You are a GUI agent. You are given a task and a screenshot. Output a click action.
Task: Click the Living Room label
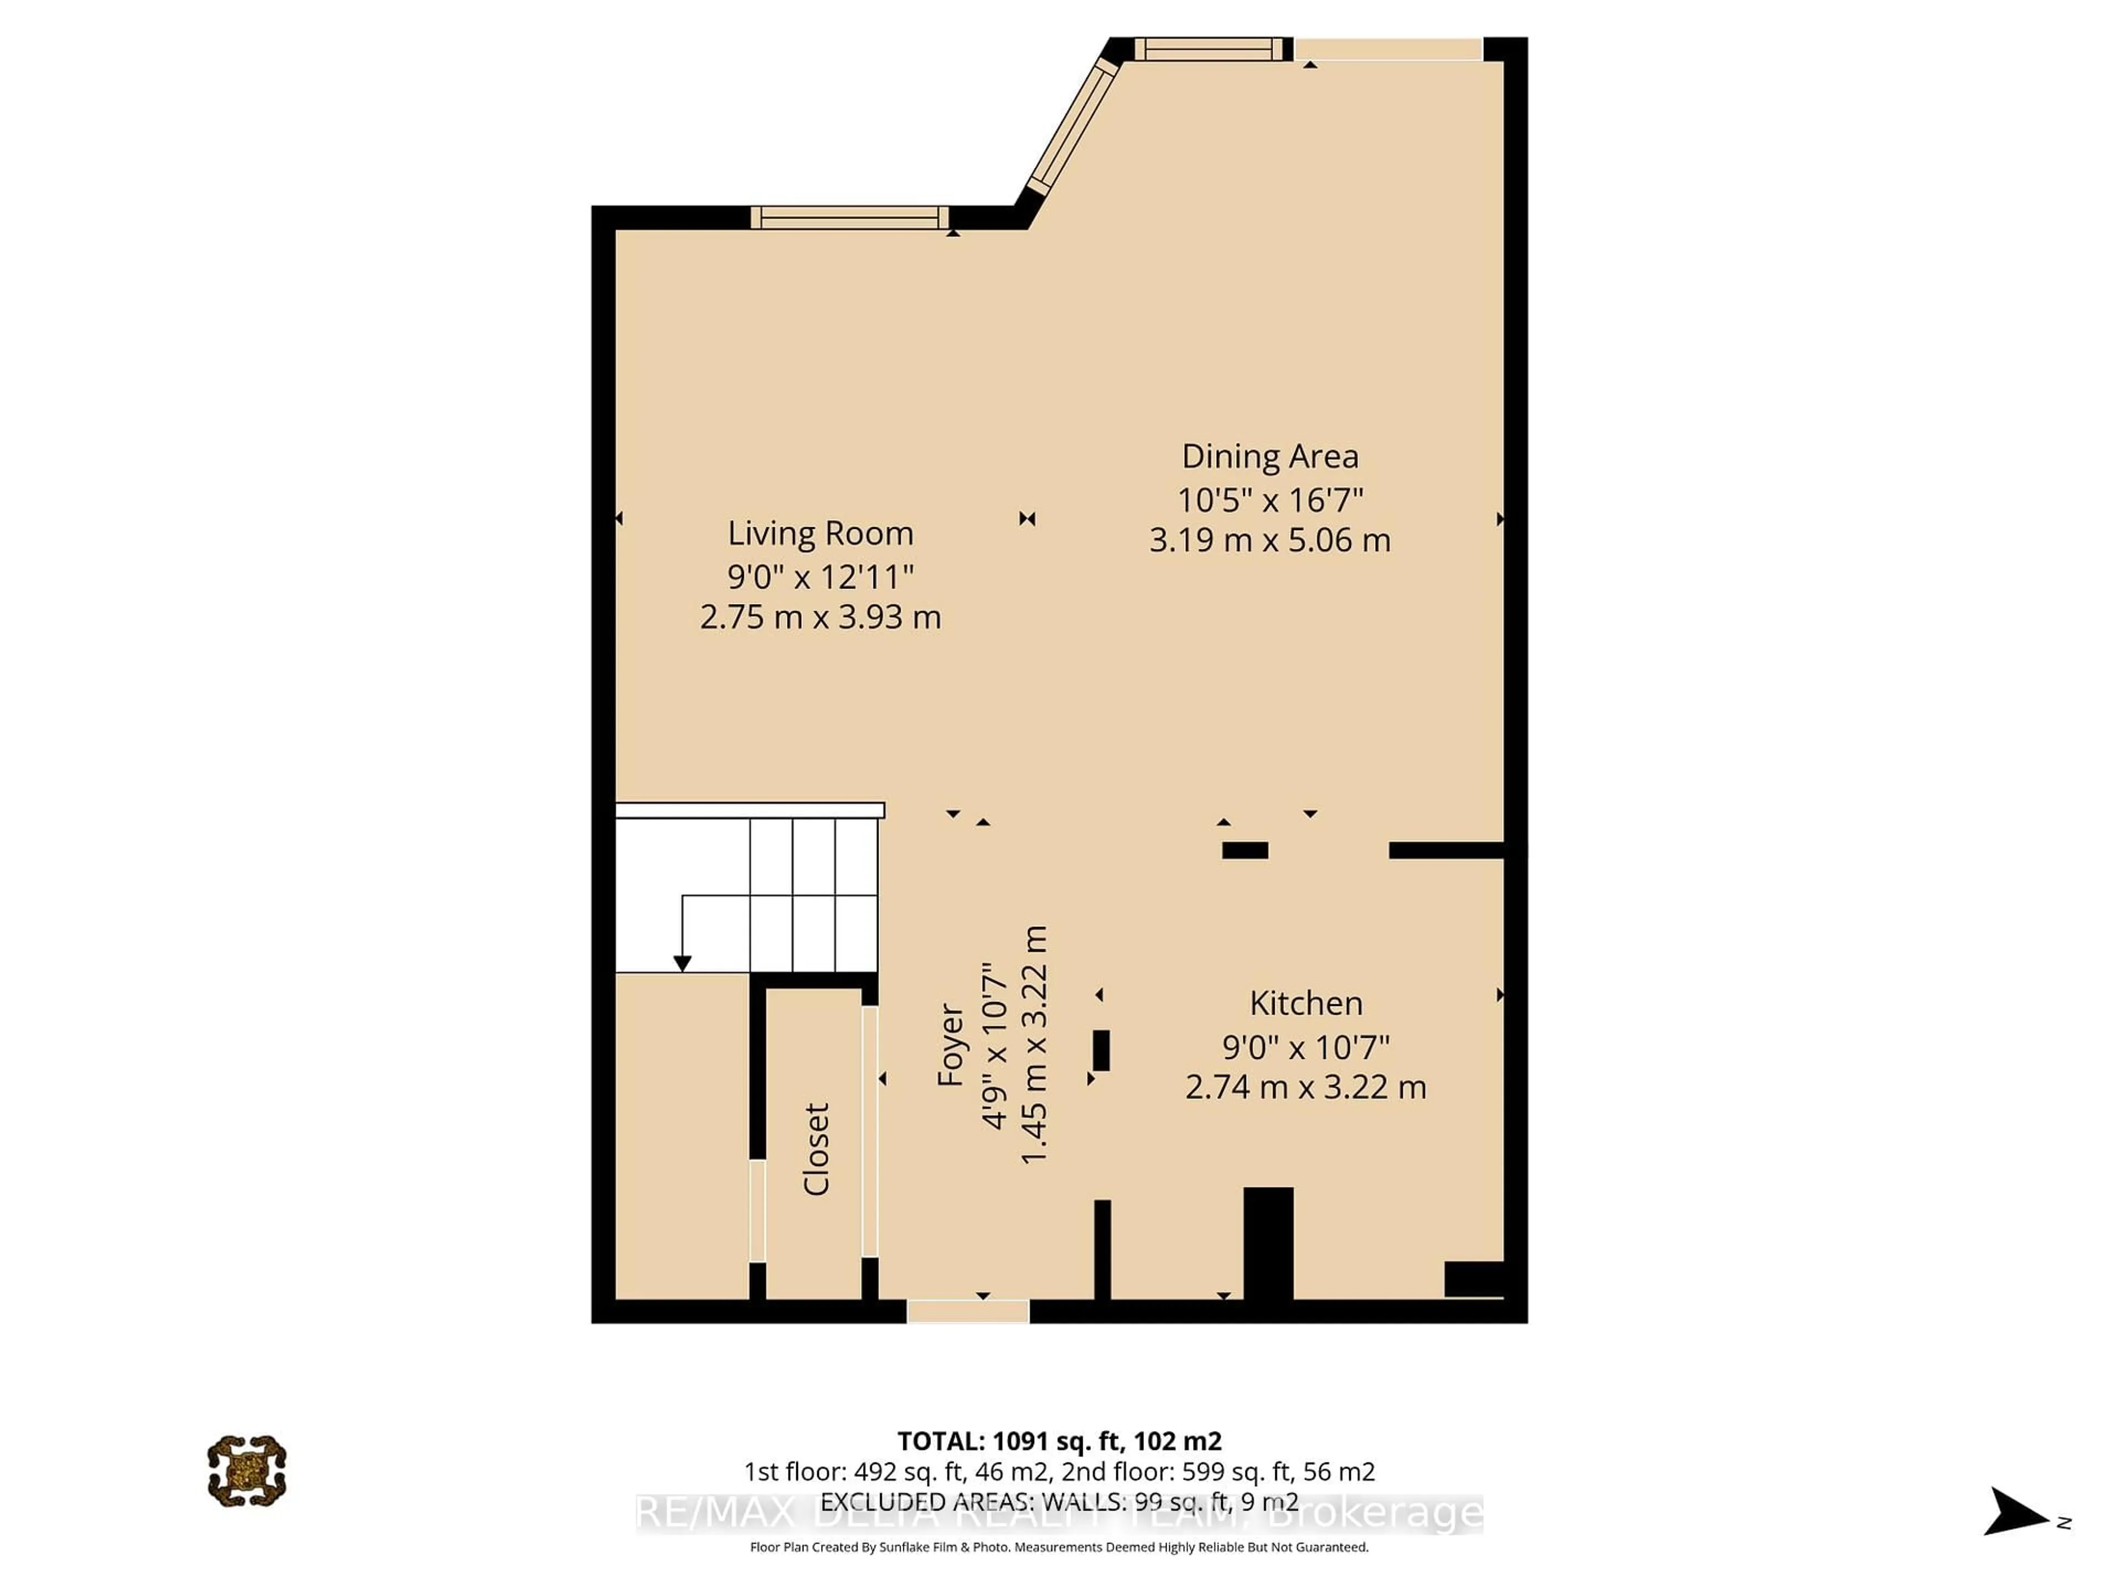click(x=820, y=533)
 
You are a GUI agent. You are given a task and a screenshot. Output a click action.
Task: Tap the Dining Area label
click(x=1269, y=456)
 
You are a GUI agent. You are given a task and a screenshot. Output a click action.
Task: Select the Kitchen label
click(x=1306, y=1003)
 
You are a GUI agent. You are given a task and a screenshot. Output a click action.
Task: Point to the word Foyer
click(x=950, y=1045)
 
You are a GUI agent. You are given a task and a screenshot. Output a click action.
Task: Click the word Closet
click(x=816, y=1149)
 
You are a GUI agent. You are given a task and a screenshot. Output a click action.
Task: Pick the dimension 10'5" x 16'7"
click(x=1269, y=499)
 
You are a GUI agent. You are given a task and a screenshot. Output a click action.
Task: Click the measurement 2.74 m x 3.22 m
click(x=1306, y=1088)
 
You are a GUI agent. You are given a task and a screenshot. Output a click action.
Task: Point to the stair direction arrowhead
click(x=682, y=963)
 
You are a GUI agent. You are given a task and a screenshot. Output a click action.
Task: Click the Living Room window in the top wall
click(x=849, y=218)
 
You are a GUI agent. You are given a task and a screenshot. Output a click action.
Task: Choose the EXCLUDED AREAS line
click(x=1058, y=1501)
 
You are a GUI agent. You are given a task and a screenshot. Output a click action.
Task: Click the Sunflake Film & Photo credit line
click(x=1058, y=1547)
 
